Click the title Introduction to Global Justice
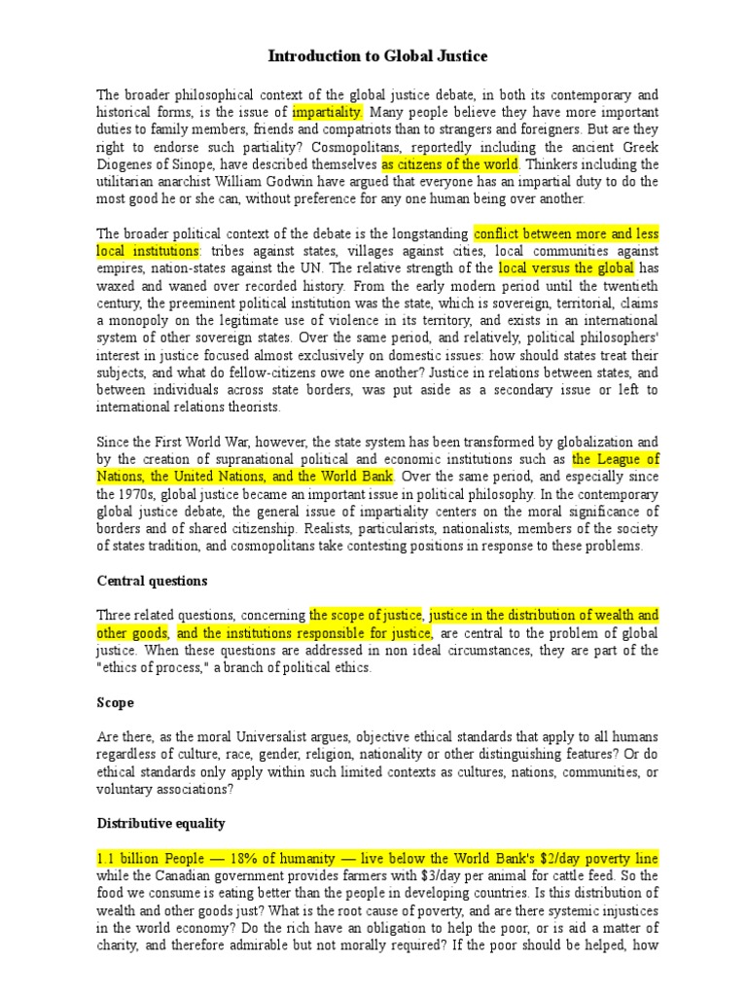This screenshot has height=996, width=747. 378,57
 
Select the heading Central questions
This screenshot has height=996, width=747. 152,581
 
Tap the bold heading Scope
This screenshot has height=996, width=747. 115,701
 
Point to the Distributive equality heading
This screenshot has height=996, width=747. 160,823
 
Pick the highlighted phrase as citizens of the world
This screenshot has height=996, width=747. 450,164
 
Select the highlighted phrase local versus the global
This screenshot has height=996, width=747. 567,268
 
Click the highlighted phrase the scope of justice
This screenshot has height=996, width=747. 367,615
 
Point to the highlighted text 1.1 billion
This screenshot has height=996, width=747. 130,858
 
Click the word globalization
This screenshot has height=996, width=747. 573,443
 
